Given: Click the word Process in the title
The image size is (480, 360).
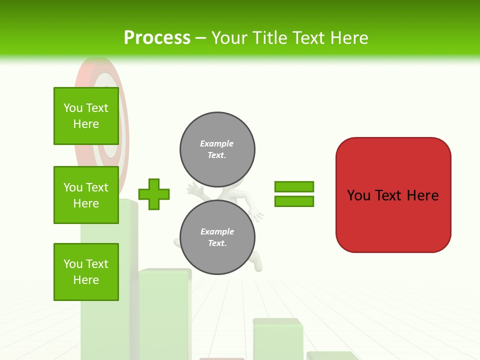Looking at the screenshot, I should (157, 37).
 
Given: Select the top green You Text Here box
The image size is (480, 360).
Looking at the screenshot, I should (86, 116).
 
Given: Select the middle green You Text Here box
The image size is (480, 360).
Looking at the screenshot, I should (86, 195).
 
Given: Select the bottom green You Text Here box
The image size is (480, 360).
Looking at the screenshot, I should (86, 272).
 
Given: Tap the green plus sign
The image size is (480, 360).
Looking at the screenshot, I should (154, 194).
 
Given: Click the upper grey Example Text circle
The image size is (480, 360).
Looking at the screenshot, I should (217, 149).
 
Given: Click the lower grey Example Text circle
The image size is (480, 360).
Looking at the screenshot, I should (217, 237).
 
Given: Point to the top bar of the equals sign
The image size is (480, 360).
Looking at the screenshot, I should (294, 186).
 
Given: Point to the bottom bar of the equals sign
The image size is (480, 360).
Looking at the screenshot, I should (294, 201).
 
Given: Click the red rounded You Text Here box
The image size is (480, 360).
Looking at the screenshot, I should (393, 220).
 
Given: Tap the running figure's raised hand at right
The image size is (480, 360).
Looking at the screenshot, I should (257, 215).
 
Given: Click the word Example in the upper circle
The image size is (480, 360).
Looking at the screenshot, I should (216, 143).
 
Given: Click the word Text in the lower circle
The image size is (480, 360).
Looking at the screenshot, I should (216, 243).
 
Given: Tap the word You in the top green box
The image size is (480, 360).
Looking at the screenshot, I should (73, 108).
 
